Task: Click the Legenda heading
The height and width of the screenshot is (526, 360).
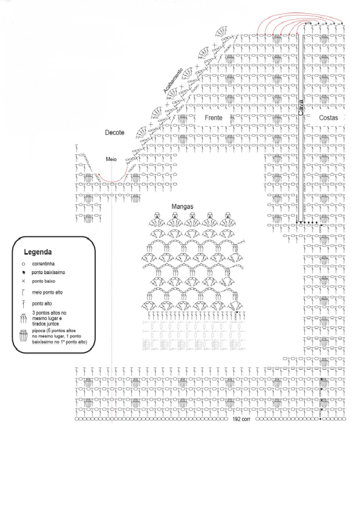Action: click(x=38, y=252)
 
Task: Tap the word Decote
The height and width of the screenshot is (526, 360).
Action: click(x=114, y=132)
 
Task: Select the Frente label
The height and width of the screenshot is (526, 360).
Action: click(x=213, y=118)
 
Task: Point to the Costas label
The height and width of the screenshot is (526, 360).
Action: click(x=328, y=118)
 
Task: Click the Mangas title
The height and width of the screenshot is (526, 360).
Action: click(x=182, y=207)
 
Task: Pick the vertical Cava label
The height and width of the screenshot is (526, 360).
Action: click(x=301, y=107)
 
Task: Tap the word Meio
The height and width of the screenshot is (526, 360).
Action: click(x=111, y=159)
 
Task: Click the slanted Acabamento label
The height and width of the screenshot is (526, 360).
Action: click(x=173, y=81)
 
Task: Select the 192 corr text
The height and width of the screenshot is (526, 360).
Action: click(x=241, y=419)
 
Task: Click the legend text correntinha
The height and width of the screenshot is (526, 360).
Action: click(x=44, y=264)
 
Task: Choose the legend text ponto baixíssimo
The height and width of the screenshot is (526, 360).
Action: click(x=48, y=272)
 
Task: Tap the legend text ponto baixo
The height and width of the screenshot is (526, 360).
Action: click(x=44, y=281)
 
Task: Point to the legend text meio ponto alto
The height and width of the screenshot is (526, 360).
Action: click(x=47, y=293)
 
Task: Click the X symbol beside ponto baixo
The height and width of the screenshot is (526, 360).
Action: click(x=23, y=281)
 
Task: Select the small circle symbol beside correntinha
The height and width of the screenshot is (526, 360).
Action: click(x=23, y=264)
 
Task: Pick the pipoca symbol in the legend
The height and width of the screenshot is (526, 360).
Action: click(x=23, y=336)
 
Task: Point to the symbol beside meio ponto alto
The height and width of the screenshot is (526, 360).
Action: click(x=23, y=293)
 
